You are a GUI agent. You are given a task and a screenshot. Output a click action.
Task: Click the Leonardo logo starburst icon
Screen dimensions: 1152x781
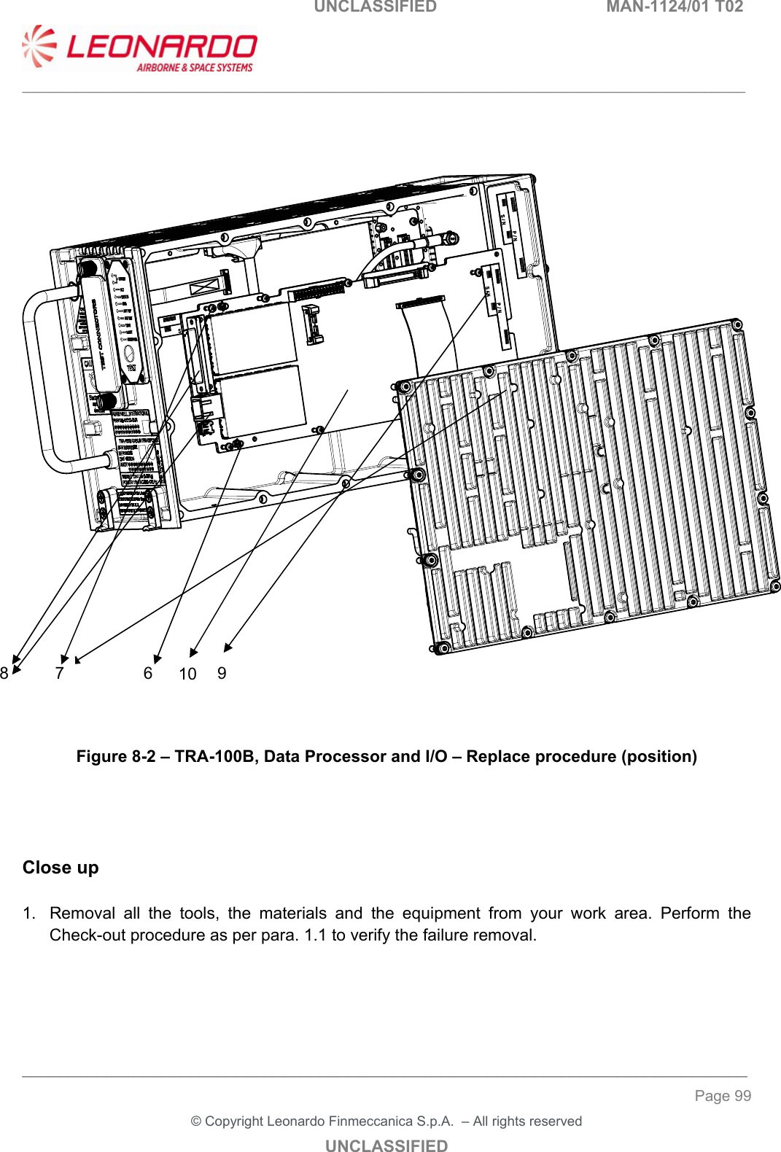click(39, 47)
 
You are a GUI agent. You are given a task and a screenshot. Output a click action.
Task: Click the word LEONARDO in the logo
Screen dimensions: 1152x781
click(162, 47)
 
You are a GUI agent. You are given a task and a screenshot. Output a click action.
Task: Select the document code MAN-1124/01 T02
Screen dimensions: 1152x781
click(675, 7)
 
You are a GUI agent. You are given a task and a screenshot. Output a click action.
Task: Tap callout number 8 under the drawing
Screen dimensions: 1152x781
click(4, 673)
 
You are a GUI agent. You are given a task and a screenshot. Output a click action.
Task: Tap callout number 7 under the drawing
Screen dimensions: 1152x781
click(60, 673)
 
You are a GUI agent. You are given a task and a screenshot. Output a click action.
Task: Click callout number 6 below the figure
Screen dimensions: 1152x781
click(148, 673)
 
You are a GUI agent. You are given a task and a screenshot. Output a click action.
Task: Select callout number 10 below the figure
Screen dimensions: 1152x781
click(187, 674)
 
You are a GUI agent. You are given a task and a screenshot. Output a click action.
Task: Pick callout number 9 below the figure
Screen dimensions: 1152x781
click(222, 673)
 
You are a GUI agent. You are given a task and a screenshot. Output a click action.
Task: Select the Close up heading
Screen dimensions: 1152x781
click(61, 868)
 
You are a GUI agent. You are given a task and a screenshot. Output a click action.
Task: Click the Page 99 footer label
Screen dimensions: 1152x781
click(722, 1096)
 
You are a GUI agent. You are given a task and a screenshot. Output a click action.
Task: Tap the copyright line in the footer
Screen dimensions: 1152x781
click(386, 1121)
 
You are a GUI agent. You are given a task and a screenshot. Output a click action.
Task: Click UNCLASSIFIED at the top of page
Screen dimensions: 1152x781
click(375, 7)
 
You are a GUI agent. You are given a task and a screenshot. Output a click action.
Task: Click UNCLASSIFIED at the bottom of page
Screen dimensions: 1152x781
click(386, 1145)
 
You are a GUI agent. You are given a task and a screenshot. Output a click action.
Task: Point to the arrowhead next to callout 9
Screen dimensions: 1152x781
click(228, 646)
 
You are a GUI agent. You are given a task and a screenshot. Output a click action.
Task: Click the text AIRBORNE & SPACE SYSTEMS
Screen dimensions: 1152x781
click(194, 68)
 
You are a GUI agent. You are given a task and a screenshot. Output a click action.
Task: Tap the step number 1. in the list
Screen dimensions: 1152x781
click(28, 914)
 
